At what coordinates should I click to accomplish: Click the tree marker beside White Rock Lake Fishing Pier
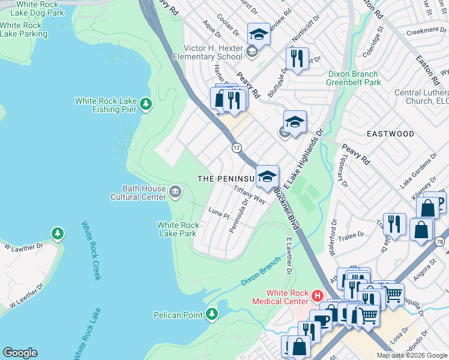tap(145, 105)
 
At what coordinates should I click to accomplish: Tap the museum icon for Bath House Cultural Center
tap(175, 192)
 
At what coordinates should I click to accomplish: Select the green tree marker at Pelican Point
tap(211, 314)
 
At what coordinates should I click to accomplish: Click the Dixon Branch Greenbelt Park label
tap(354, 78)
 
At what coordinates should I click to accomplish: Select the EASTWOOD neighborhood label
tap(391, 133)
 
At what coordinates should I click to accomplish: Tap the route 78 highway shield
tap(440, 241)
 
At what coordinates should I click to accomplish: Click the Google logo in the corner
tap(20, 353)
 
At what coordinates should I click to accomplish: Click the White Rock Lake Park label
tap(178, 229)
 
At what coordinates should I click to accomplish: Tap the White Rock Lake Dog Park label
tap(32, 8)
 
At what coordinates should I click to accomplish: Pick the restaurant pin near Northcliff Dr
tap(297, 59)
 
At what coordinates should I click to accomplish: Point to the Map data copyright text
tap(411, 355)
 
